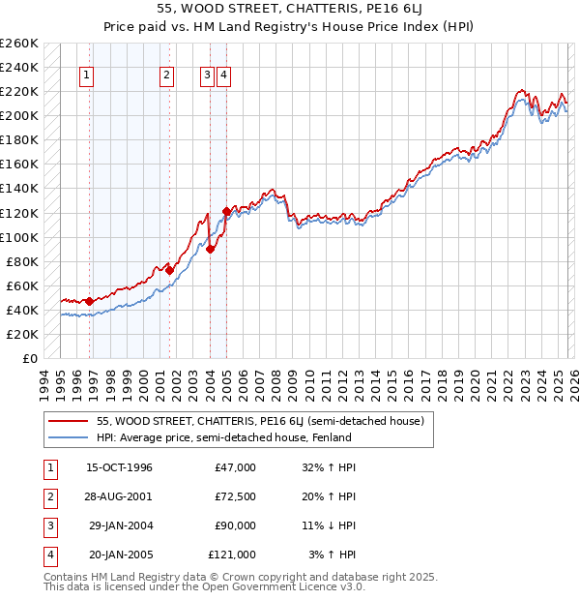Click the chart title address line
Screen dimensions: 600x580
click(x=290, y=9)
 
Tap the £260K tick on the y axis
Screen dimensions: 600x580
click(x=19, y=44)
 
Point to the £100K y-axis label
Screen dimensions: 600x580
click(x=19, y=237)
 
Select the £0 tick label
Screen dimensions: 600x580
click(x=29, y=358)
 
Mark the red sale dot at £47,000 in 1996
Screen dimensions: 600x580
click(x=90, y=301)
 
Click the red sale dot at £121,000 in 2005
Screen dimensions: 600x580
click(x=226, y=211)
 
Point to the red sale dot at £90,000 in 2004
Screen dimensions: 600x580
click(x=210, y=249)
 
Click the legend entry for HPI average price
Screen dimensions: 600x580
click(x=223, y=437)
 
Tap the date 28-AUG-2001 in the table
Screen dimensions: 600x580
click(x=119, y=495)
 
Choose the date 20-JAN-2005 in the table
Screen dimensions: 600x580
click(x=120, y=555)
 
